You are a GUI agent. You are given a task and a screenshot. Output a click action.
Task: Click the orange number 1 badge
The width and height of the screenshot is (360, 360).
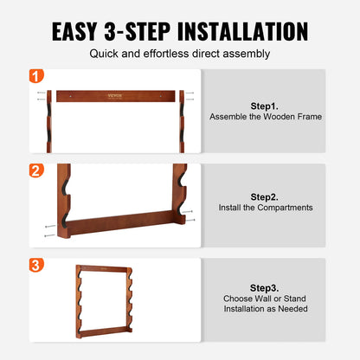(x=35, y=76)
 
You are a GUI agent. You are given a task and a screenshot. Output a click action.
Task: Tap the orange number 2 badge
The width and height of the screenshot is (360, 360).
(x=35, y=170)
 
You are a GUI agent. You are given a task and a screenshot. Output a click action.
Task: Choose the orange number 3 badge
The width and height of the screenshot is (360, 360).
(x=35, y=264)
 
